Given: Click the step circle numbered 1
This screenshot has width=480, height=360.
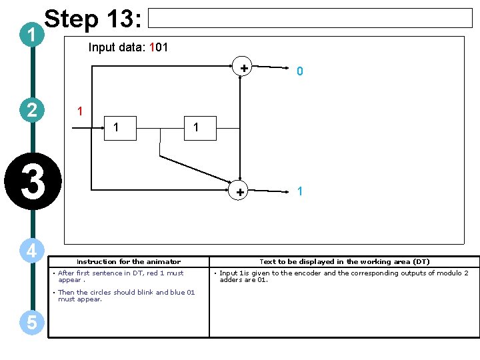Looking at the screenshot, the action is point(31,35).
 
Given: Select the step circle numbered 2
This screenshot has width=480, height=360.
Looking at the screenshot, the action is point(31,109).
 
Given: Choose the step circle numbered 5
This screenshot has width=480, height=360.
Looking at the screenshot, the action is point(31,323).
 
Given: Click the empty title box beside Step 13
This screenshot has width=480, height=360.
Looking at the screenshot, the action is point(309,18).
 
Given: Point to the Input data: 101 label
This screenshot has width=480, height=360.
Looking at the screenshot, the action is point(128,47).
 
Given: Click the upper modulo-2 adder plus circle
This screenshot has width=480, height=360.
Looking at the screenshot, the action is point(244,67).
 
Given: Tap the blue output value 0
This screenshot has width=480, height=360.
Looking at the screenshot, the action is point(300,71).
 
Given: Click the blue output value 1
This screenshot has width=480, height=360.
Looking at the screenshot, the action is point(300,191).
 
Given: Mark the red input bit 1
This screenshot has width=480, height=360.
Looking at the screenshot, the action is point(79,111).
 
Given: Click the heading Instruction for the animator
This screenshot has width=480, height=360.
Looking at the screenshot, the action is point(129,262).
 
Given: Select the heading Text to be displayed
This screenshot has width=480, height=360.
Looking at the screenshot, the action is point(344,262).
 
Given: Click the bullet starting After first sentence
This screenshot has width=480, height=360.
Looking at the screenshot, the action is point(120,276).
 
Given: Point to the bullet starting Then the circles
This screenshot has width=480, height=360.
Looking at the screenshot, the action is point(126,295).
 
